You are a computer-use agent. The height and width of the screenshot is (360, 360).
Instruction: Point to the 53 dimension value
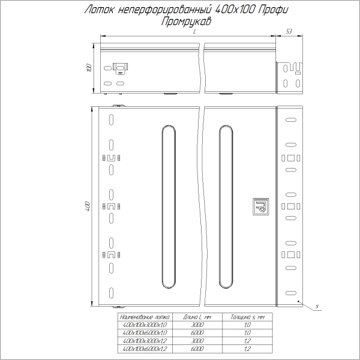click(x=289, y=31)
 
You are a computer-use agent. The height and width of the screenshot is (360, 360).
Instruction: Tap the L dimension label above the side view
click(x=195, y=37)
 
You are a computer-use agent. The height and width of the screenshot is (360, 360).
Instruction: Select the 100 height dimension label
click(x=89, y=68)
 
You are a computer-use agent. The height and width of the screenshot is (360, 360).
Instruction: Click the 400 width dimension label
click(x=88, y=206)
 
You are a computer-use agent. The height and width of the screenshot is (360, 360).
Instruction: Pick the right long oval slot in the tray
click(x=227, y=208)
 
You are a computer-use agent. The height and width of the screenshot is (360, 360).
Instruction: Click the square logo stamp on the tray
click(x=260, y=206)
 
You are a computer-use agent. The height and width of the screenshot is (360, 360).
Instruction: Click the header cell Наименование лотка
click(x=146, y=316)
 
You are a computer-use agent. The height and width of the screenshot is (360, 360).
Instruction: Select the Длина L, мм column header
click(x=198, y=316)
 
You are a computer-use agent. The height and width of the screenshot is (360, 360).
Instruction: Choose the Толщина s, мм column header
click(x=247, y=316)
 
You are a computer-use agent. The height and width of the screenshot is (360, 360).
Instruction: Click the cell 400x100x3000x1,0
click(x=146, y=325)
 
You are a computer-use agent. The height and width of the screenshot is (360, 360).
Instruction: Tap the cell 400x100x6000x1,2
click(x=146, y=348)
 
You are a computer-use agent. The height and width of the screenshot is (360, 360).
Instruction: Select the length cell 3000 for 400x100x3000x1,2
click(x=198, y=340)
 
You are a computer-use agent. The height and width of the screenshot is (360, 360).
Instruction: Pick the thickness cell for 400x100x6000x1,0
click(x=247, y=332)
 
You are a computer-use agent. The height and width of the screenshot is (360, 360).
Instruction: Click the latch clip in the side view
click(x=121, y=68)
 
